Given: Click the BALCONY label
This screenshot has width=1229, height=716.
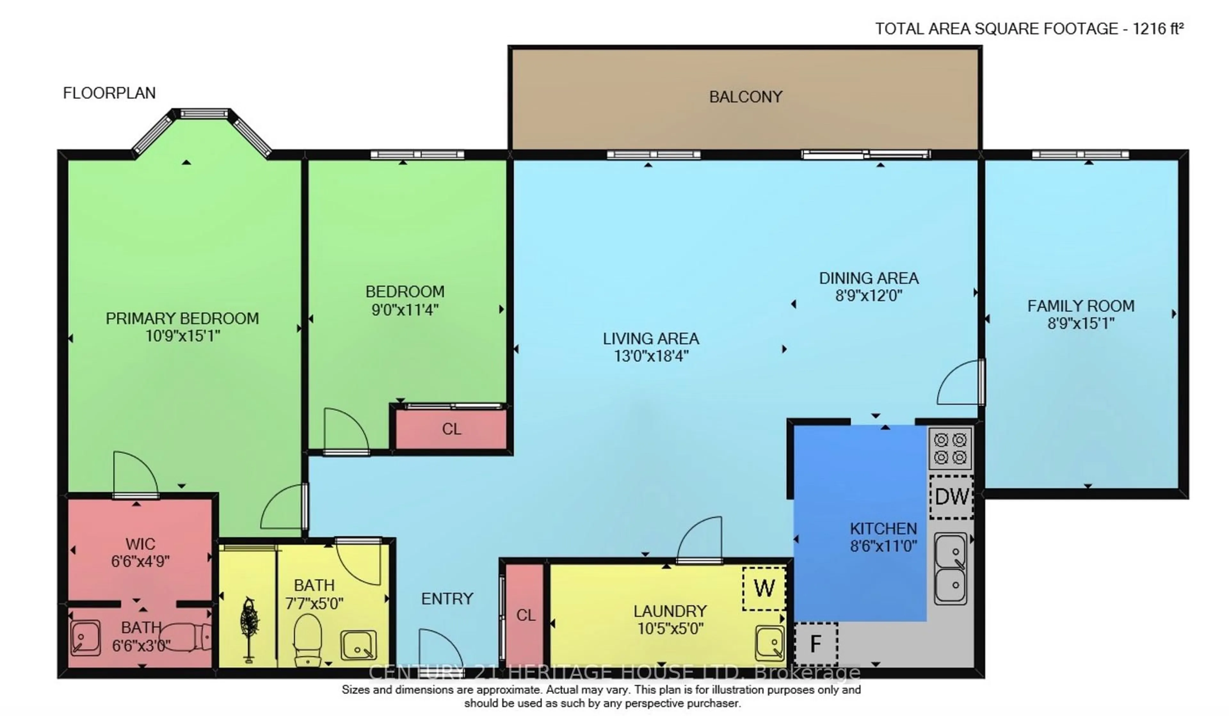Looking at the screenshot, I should click(x=745, y=97).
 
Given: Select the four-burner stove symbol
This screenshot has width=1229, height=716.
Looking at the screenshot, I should click(x=950, y=449).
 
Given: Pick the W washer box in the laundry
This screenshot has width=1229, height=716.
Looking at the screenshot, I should click(x=764, y=588).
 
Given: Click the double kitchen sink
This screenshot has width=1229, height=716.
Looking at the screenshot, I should click(x=950, y=568).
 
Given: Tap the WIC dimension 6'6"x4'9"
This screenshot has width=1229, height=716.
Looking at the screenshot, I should click(x=141, y=561).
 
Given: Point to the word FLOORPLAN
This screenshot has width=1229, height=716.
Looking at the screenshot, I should click(x=109, y=92).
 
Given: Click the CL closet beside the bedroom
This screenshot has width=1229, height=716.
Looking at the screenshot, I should click(x=451, y=429).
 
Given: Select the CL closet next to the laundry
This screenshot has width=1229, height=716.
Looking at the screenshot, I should click(x=525, y=615).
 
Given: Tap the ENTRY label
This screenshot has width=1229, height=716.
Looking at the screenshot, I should click(x=447, y=599).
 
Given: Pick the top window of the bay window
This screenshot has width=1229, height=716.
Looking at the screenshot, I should click(x=204, y=114).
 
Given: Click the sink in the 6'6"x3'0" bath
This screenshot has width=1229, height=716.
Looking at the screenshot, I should click(x=85, y=637).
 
